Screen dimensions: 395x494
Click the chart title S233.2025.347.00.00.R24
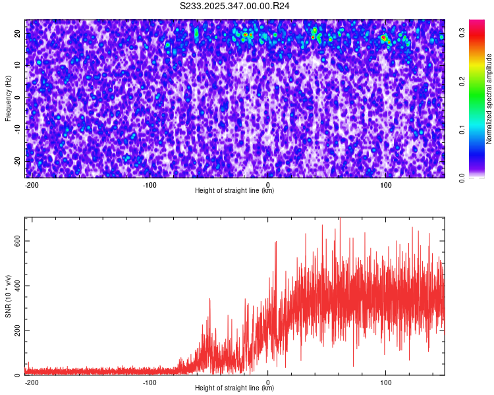coord(235,6)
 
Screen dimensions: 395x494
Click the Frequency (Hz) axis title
coord(8,98)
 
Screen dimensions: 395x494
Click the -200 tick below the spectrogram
coord(31,184)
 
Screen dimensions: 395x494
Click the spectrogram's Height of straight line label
coord(234,191)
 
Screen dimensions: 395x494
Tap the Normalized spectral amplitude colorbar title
coord(489,98)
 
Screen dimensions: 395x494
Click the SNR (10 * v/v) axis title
coord(8,296)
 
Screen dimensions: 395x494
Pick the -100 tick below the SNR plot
coord(150,382)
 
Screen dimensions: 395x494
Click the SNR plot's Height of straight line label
coord(234,388)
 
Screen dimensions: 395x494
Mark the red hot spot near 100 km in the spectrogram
coord(383,38)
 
